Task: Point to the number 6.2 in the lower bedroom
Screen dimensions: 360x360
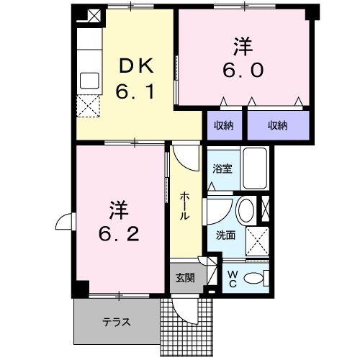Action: click(x=119, y=235)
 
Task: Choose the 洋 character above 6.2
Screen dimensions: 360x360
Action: click(x=119, y=210)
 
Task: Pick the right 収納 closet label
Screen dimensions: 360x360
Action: click(x=278, y=126)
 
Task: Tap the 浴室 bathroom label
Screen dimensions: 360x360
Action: click(x=222, y=169)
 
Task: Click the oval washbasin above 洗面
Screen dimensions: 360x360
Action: click(x=246, y=212)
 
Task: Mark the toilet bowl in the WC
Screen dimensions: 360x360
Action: click(x=254, y=278)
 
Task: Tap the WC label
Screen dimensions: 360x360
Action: click(x=232, y=278)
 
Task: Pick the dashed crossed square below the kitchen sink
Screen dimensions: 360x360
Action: click(x=91, y=105)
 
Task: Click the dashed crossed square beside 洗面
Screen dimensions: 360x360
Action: click(x=257, y=236)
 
